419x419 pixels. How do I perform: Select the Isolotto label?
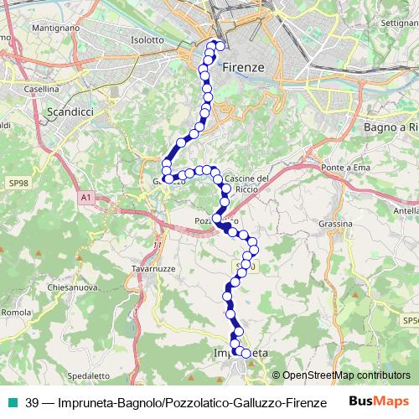tap(147, 39)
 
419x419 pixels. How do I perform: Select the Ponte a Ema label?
tap(346, 168)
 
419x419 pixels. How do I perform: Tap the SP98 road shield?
tap(18, 182)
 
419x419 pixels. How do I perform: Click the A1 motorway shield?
tap(85, 197)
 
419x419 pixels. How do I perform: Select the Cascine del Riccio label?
tap(247, 183)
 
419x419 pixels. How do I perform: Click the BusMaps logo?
tap(379, 401)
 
